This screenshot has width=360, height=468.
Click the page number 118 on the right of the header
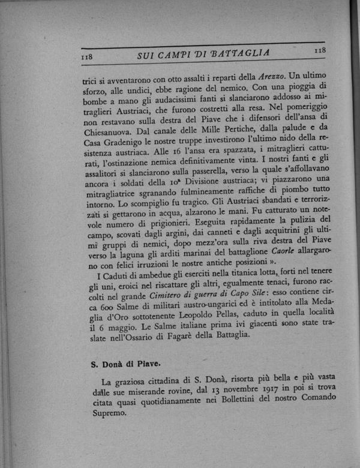[319, 52]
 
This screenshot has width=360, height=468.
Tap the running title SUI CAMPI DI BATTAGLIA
[204, 54]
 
